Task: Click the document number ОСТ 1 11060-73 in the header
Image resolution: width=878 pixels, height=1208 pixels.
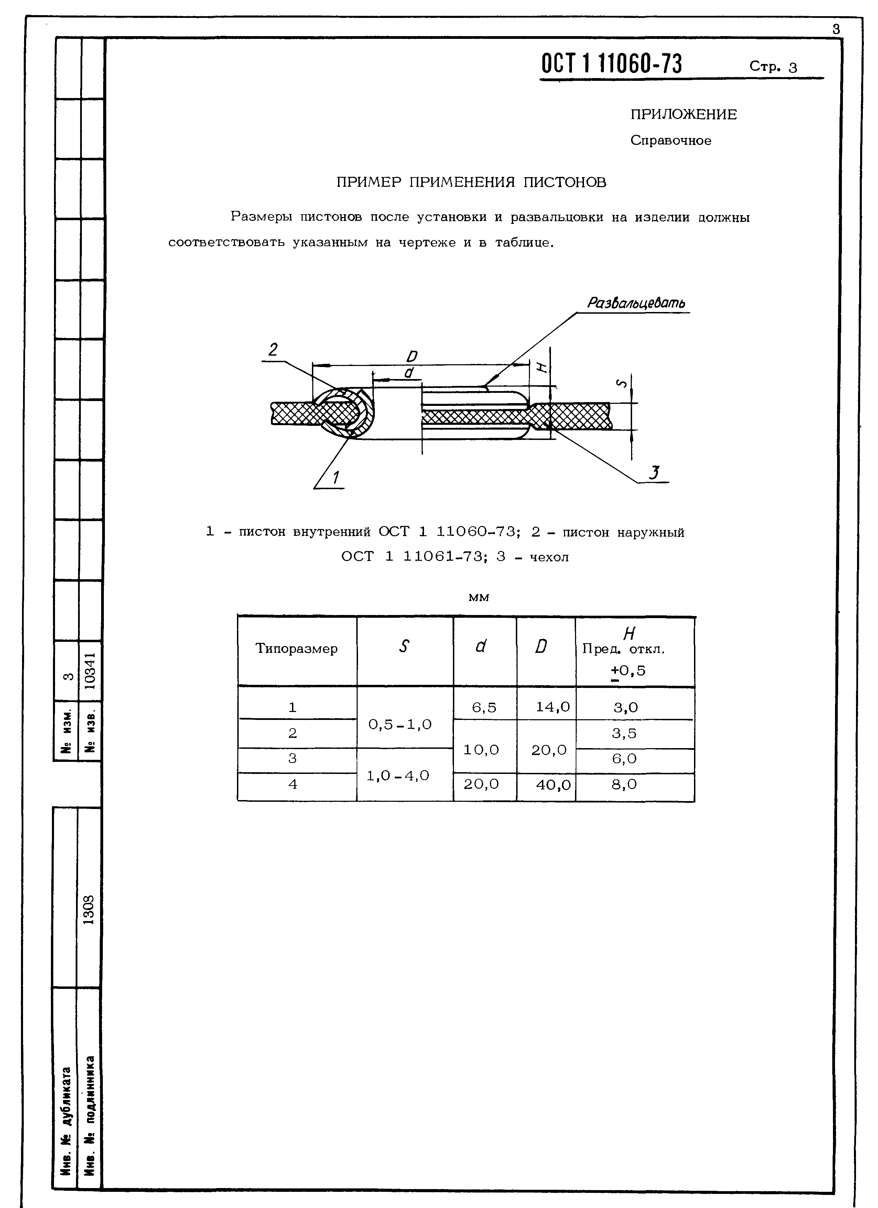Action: (x=611, y=64)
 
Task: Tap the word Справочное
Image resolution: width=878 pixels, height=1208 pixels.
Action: (x=670, y=141)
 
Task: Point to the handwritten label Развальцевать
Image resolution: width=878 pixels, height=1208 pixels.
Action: (x=636, y=303)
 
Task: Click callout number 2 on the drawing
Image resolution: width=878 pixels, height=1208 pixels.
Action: (x=273, y=350)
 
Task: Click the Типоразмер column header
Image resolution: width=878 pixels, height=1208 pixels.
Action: (x=296, y=649)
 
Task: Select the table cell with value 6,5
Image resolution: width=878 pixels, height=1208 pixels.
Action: (x=484, y=707)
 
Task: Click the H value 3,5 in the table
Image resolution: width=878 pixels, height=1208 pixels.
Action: (x=624, y=733)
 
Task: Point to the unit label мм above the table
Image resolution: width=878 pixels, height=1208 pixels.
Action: (x=478, y=597)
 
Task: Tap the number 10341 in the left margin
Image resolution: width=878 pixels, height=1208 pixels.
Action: (x=90, y=671)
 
